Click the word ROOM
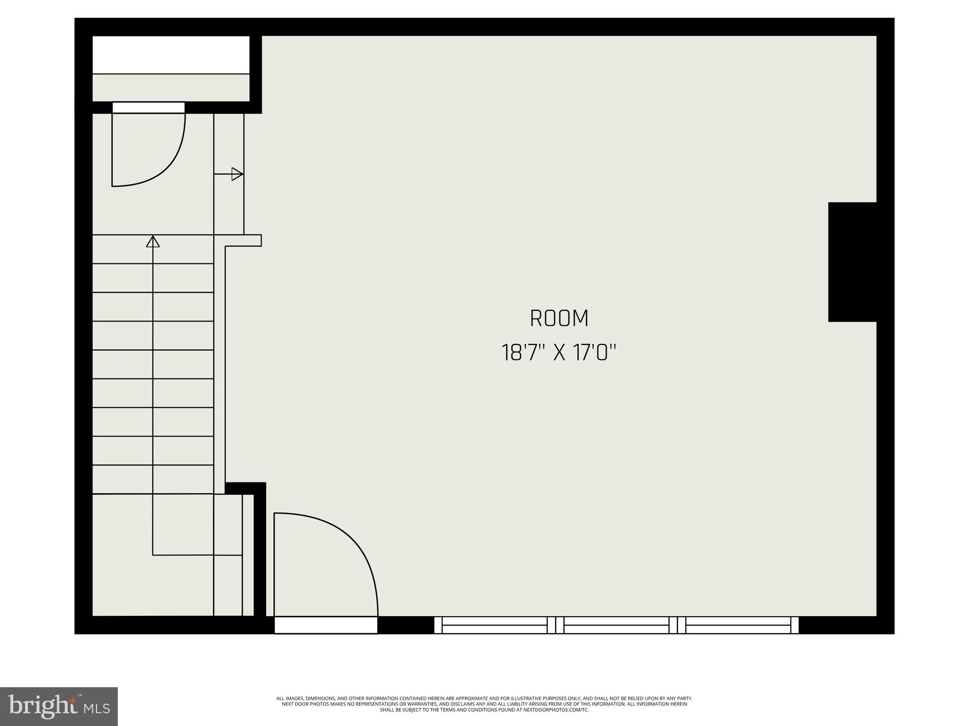[559, 318]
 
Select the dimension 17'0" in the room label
[595, 353]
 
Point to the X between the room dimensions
[559, 353]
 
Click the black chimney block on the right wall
[852, 262]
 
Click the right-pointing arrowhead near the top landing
[237, 174]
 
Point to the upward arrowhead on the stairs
[153, 242]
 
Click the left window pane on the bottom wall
[494, 625]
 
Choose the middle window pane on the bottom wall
[617, 625]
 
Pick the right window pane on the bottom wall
[738, 625]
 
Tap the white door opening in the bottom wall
[326, 625]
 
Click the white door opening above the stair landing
[149, 107]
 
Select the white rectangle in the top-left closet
[171, 54]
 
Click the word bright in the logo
[43, 706]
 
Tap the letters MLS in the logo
[97, 708]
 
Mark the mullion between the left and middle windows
[555, 625]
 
